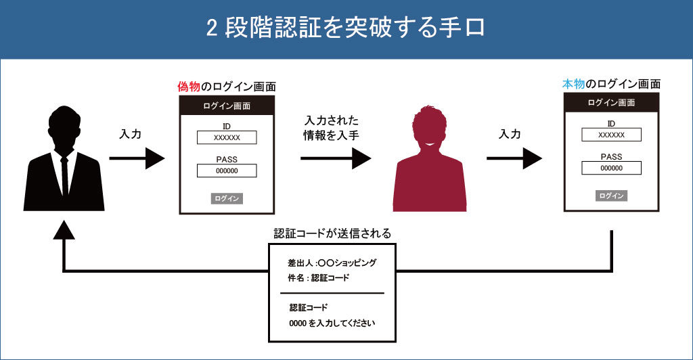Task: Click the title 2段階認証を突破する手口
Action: (x=346, y=29)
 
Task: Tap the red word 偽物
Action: (x=188, y=87)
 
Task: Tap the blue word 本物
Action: (x=573, y=85)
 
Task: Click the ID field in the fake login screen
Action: (x=227, y=137)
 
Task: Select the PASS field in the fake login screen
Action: (x=227, y=171)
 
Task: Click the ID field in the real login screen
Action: (x=611, y=135)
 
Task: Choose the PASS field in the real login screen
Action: (x=611, y=168)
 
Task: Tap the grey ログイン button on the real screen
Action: (x=611, y=196)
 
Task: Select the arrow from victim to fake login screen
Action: (x=137, y=159)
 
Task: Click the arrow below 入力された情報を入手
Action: (x=336, y=159)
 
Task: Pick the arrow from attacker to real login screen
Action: (x=514, y=159)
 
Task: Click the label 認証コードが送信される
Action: (x=332, y=233)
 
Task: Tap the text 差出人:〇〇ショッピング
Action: (x=332, y=263)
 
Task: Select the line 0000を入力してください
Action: (x=332, y=323)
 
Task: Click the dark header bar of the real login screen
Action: (x=611, y=103)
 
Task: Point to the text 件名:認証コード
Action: (x=318, y=278)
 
